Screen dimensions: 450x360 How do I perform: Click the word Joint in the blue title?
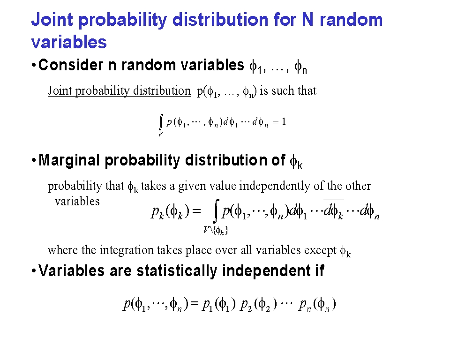[x=52, y=20]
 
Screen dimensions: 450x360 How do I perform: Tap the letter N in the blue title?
[x=307, y=20]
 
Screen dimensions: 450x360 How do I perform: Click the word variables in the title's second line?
[x=69, y=42]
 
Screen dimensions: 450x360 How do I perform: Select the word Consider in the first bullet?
[x=71, y=65]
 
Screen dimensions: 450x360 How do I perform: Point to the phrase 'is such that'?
[x=288, y=91]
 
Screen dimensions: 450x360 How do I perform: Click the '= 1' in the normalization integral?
[x=279, y=122]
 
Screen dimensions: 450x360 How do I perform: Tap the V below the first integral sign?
[x=161, y=134]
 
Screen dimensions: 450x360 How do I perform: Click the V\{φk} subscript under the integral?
[x=216, y=230]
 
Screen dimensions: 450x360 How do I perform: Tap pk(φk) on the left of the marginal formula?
[x=171, y=211]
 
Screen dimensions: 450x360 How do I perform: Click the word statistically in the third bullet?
[x=177, y=271]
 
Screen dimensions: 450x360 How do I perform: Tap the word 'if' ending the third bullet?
[x=320, y=270]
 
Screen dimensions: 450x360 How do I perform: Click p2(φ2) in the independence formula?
[x=259, y=304]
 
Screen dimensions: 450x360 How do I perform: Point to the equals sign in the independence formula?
[x=194, y=304]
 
